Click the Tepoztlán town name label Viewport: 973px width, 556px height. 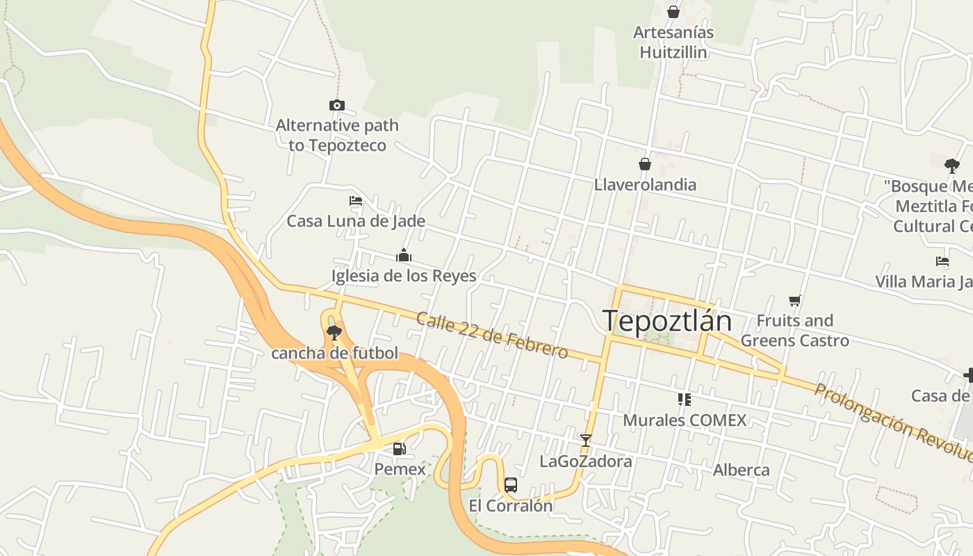[x=667, y=322]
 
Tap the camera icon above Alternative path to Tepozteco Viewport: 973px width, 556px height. [x=337, y=106]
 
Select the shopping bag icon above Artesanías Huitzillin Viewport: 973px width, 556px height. [x=673, y=12]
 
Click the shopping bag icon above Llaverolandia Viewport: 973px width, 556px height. [x=645, y=164]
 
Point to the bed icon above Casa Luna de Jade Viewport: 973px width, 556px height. [x=356, y=201]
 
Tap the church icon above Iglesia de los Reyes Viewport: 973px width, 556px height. [x=404, y=255]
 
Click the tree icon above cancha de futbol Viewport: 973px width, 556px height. [x=334, y=332]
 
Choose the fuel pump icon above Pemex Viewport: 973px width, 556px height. [x=400, y=449]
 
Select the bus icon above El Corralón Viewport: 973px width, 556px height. [x=511, y=485]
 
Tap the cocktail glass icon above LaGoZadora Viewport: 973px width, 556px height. [x=586, y=441]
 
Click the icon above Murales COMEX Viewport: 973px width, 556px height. [x=685, y=400]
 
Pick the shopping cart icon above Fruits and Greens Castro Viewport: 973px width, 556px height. [x=795, y=300]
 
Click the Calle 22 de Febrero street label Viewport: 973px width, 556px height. [x=492, y=335]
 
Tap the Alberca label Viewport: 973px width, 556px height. [x=741, y=470]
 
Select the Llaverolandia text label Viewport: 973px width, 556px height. [x=645, y=184]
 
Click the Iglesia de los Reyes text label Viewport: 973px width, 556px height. [x=404, y=276]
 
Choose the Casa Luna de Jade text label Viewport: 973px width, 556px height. [x=356, y=221]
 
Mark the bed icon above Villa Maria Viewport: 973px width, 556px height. [x=942, y=261]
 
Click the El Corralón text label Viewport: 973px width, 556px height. [x=511, y=505]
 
